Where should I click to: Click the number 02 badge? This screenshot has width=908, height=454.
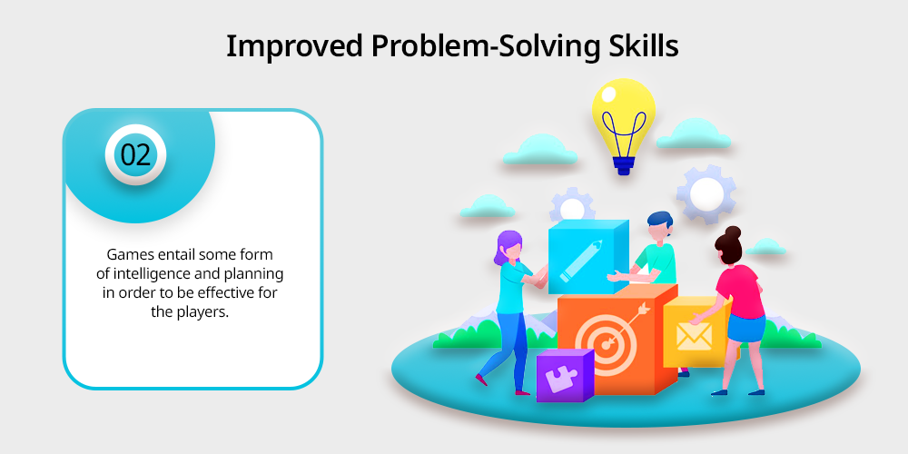pyautogui.click(x=135, y=155)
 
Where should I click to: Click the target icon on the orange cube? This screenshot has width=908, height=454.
pyautogui.click(x=609, y=341)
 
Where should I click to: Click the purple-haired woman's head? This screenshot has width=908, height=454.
pyautogui.click(x=508, y=245)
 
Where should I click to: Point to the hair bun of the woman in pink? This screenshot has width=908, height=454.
pyautogui.click(x=733, y=232)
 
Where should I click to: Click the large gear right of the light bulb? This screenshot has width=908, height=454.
pyautogui.click(x=706, y=193)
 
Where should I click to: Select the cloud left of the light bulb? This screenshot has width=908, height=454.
pyautogui.click(x=539, y=150)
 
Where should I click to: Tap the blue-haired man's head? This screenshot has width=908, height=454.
pyautogui.click(x=660, y=226)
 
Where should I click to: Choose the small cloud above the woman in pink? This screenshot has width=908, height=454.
pyautogui.click(x=765, y=247)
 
